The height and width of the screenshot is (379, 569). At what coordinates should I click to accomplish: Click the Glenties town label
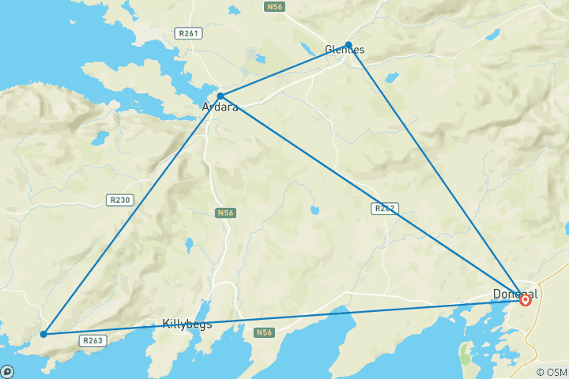344,51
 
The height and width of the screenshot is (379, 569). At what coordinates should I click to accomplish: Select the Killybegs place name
187,325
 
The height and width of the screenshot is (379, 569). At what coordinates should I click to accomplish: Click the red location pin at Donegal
526,300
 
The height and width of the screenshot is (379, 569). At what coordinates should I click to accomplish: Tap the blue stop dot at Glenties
349,45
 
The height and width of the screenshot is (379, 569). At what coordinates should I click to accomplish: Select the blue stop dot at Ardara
220,96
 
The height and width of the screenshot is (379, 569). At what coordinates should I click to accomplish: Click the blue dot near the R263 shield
43,334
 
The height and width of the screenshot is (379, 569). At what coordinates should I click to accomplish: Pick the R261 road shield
187,33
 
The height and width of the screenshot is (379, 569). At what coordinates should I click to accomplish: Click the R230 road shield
119,201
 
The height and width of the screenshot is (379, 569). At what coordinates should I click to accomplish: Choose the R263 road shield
92,340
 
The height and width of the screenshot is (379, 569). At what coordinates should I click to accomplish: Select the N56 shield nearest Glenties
273,6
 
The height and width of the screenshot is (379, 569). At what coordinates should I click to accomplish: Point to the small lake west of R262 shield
315,211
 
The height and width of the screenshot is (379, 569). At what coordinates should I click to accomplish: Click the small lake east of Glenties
493,35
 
